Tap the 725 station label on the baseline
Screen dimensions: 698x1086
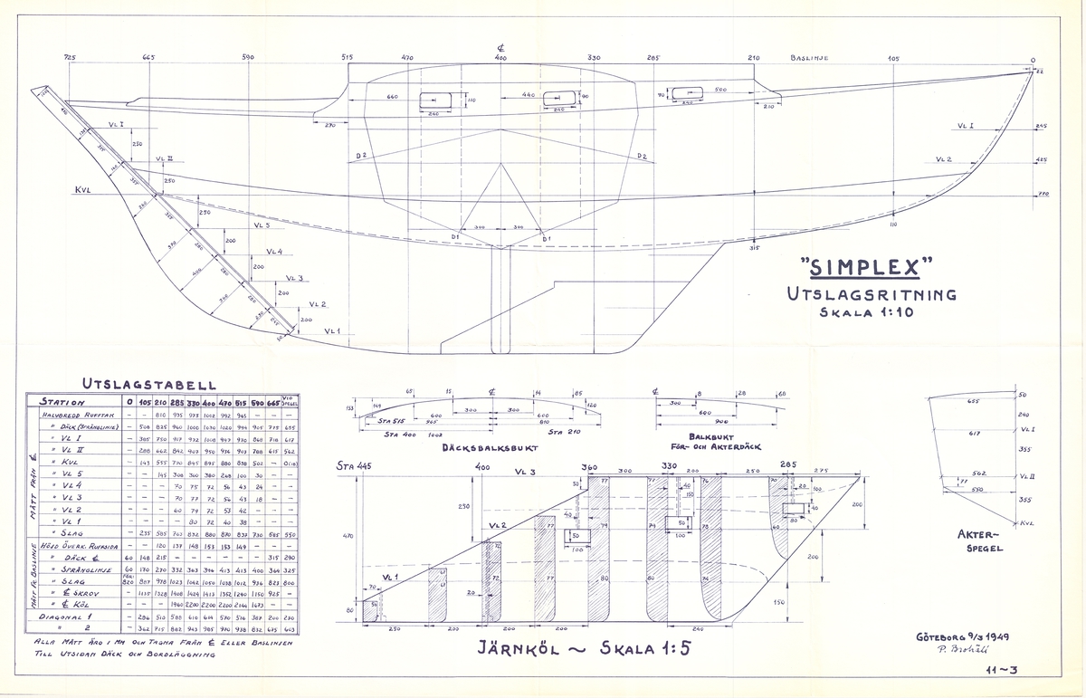[x=71, y=58]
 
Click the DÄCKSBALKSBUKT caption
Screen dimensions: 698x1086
[x=481, y=447]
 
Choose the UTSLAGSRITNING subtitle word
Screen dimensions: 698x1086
[x=872, y=293]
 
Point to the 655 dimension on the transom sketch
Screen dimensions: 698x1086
[x=973, y=401]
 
